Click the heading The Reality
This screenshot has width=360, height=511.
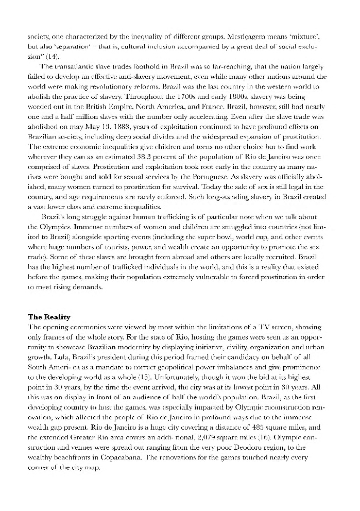click(x=49, y=317)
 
